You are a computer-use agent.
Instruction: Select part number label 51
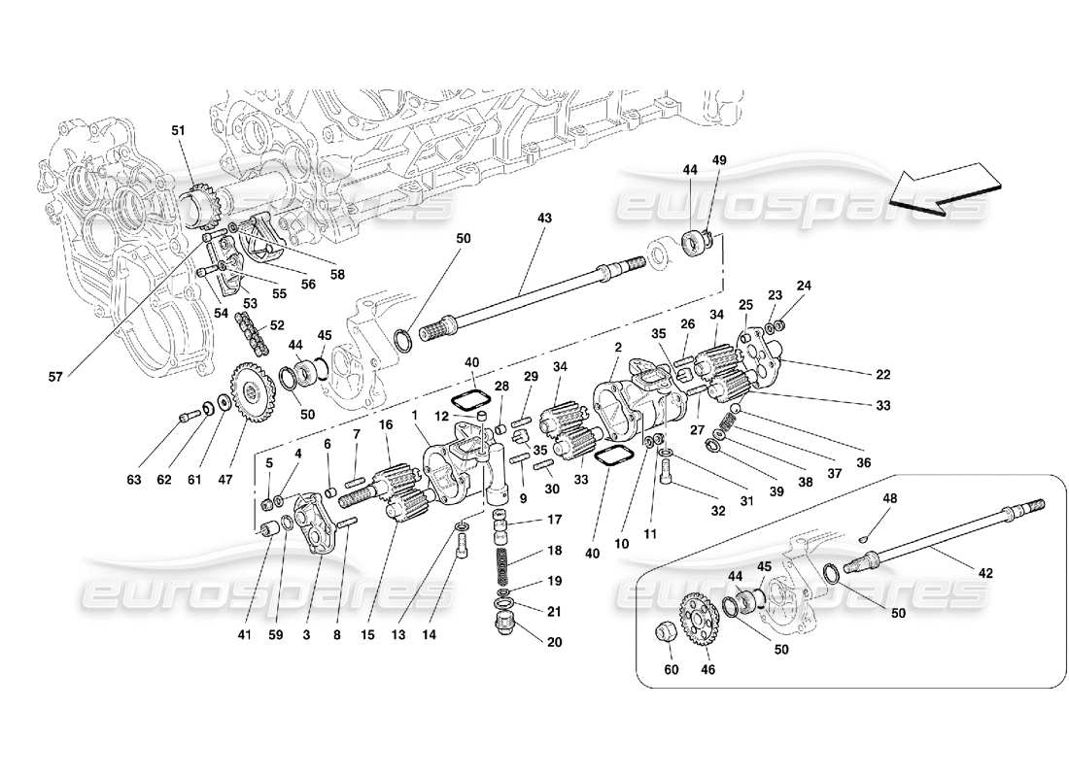pyautogui.click(x=177, y=131)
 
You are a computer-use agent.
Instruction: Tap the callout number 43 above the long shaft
pyautogui.click(x=543, y=220)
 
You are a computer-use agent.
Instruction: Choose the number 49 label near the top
pyautogui.click(x=720, y=159)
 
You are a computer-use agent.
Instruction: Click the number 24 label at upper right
pyautogui.click(x=803, y=286)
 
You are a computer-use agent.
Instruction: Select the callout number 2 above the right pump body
pyautogui.click(x=617, y=347)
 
